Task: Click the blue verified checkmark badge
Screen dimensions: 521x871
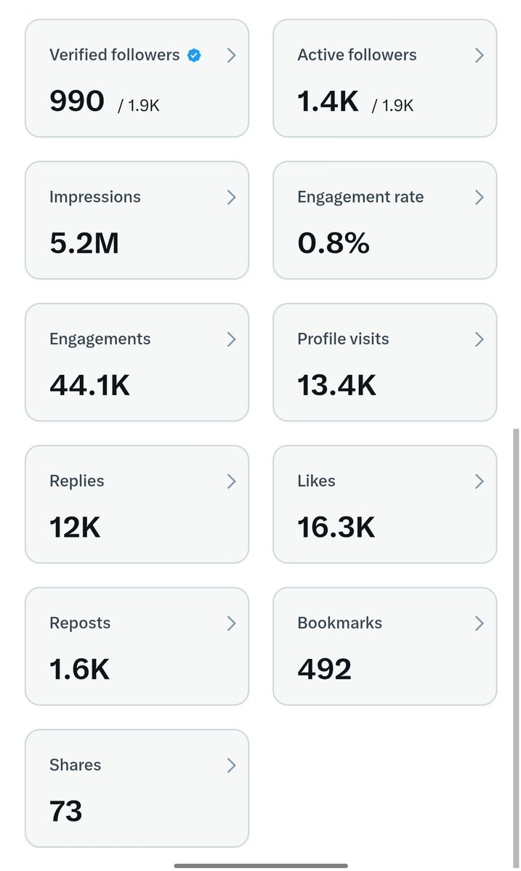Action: coord(194,55)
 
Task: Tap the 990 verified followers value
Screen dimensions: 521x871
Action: coord(76,101)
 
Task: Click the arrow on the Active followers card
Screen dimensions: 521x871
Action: coord(480,55)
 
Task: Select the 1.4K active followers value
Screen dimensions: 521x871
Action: coord(328,101)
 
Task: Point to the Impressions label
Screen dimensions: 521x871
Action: coord(95,197)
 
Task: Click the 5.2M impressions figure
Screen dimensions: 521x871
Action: coord(84,243)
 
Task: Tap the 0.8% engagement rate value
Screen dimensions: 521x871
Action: coord(334,243)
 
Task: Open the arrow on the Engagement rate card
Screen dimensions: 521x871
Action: coord(480,197)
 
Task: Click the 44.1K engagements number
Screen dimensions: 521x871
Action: coord(89,386)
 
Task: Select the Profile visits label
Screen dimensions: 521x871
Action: coord(343,339)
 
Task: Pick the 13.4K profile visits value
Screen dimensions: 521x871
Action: coord(336,386)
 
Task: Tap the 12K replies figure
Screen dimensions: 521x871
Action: coord(75,527)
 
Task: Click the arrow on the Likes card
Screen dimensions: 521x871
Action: coord(480,481)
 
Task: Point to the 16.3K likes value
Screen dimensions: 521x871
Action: coord(336,527)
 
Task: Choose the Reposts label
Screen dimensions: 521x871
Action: coord(80,623)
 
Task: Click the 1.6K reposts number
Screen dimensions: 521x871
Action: coord(79,669)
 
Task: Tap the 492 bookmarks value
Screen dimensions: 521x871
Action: coord(324,669)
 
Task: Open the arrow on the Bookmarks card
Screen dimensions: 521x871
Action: coord(480,623)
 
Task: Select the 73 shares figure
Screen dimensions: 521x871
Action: coord(65,811)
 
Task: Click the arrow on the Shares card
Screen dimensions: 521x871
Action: coord(232,766)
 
